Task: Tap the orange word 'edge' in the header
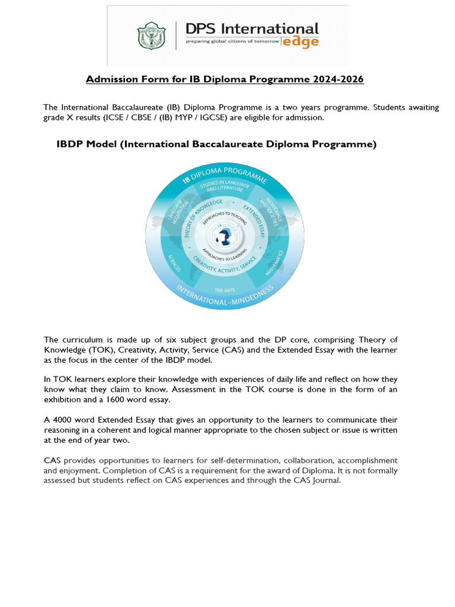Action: [x=302, y=41]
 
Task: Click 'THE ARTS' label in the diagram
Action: [x=226, y=289]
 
